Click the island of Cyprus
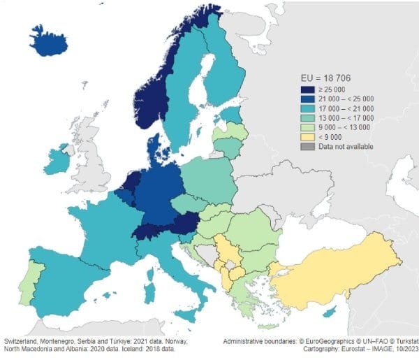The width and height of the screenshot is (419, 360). (x=337, y=310)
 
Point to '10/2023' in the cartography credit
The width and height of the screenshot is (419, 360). (x=401, y=350)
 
